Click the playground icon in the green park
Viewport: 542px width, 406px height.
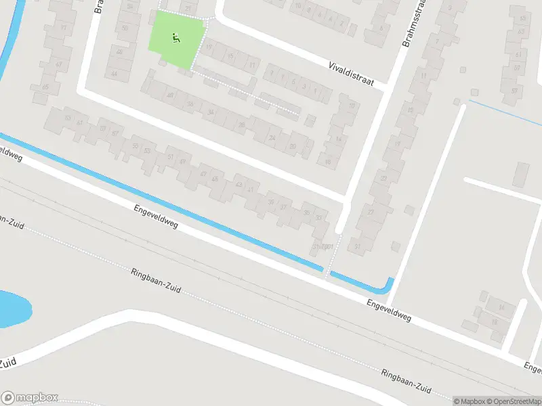(x=176, y=39)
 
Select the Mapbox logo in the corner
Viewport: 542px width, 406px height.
(x=30, y=397)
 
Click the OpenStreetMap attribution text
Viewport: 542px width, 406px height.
(x=512, y=401)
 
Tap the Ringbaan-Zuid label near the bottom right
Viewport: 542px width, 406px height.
(x=406, y=382)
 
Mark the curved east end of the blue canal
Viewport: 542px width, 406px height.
(x=388, y=285)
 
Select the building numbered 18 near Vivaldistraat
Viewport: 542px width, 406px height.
(x=328, y=161)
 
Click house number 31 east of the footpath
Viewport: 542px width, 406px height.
(x=357, y=246)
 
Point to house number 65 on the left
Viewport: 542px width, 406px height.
(x=45, y=87)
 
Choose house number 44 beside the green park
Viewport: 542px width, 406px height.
(x=114, y=73)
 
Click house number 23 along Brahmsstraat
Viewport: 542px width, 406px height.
(x=384, y=178)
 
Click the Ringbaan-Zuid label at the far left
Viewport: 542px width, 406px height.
(x=12, y=222)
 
